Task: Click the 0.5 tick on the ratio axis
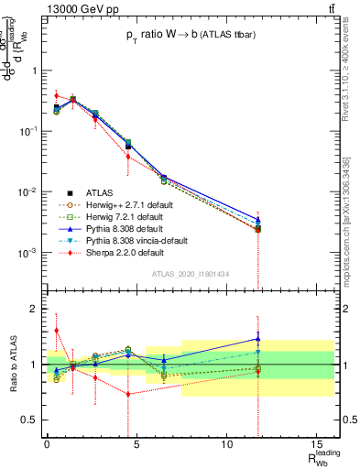coord(31,420)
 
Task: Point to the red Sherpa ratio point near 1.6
coord(57,331)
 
